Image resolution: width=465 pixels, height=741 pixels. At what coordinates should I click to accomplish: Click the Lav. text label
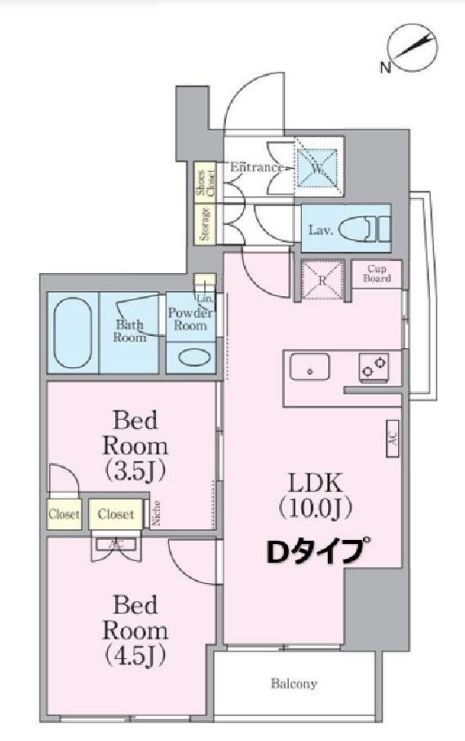click(320, 230)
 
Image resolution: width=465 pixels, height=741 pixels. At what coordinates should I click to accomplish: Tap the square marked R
click(323, 279)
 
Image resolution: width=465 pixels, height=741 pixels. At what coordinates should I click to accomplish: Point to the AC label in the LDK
click(392, 437)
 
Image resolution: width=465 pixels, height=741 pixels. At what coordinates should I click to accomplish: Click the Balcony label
click(294, 685)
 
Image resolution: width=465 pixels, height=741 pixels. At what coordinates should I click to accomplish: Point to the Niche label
click(158, 514)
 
